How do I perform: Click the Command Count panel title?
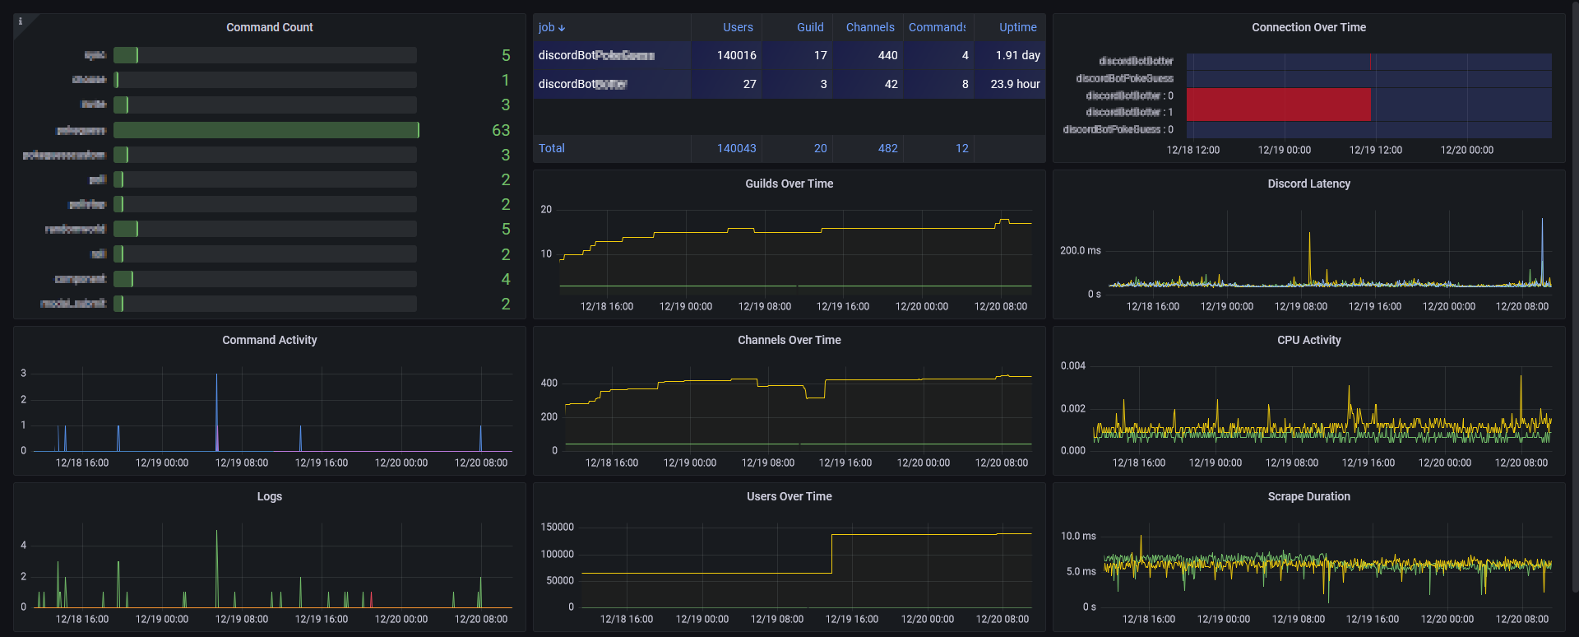coord(269,27)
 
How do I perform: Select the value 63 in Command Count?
coord(501,130)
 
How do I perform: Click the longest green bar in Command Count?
coord(266,130)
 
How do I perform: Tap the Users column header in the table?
coord(738,27)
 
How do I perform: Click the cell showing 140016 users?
coord(736,55)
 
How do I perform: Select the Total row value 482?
coord(887,148)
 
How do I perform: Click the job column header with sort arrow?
coord(551,27)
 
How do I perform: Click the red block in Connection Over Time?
coord(1278,105)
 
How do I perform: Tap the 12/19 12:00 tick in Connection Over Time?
coord(1375,150)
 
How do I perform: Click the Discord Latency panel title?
coord(1308,184)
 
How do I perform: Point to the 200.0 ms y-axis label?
coord(1080,250)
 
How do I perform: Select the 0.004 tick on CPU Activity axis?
coord(1072,365)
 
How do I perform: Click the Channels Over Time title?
coord(789,340)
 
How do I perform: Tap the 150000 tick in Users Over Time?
coord(557,527)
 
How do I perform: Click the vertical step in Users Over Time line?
coord(831,553)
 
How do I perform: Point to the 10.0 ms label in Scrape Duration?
coord(1077,536)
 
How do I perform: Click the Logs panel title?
coord(269,496)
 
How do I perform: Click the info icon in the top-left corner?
coord(21,21)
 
